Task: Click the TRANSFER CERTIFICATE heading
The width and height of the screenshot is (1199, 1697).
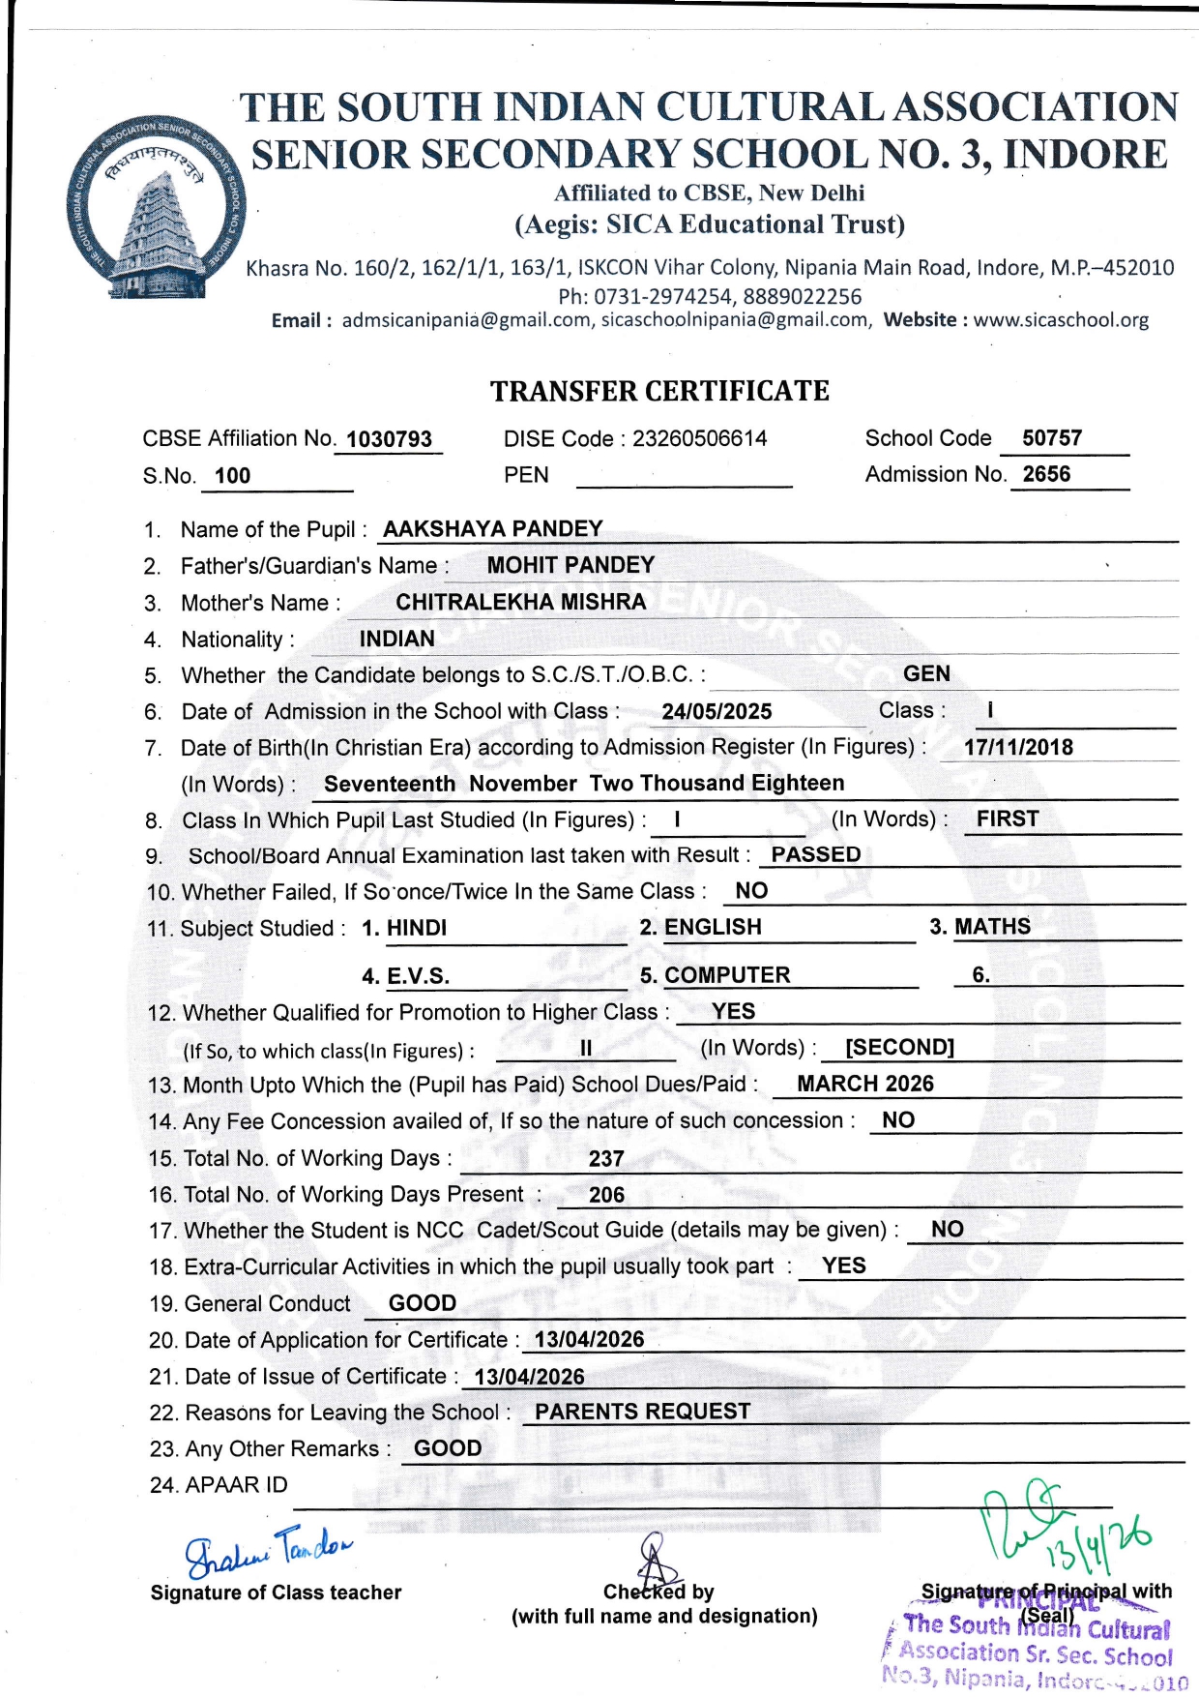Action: (659, 391)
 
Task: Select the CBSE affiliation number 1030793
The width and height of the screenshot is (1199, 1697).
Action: (390, 439)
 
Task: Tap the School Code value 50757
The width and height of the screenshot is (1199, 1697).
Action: (1052, 438)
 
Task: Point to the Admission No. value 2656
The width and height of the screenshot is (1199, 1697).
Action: (1046, 474)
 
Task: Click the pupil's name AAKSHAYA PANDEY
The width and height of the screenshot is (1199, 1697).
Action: (493, 529)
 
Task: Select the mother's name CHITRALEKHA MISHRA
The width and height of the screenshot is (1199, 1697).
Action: (520, 602)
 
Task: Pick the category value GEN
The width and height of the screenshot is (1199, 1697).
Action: (926, 673)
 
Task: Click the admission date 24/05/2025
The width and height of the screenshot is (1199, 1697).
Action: (716, 712)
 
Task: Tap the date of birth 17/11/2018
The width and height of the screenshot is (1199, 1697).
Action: (1018, 747)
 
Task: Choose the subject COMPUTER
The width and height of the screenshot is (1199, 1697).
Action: (727, 975)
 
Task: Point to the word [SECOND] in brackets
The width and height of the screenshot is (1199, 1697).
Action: (899, 1048)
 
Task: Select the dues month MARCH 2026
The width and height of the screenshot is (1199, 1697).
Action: (865, 1084)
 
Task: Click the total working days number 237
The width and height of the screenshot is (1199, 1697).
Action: (606, 1159)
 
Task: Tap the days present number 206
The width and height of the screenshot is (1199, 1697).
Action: (606, 1195)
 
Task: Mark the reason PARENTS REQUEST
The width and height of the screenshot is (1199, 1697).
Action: (642, 1412)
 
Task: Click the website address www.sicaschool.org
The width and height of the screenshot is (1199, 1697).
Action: (1061, 320)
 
